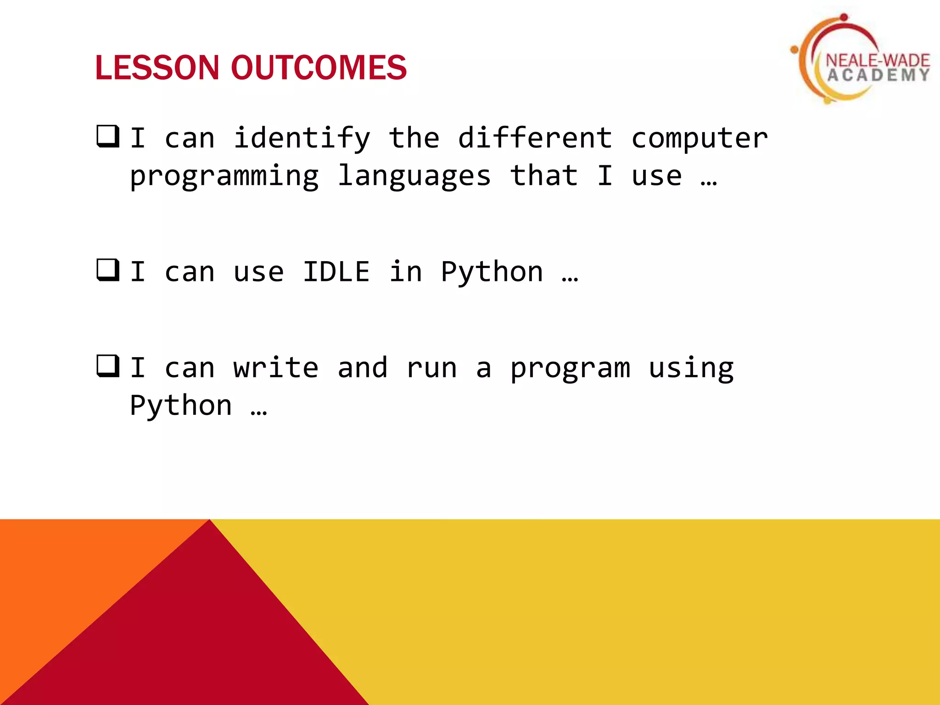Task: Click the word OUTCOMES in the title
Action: tap(319, 68)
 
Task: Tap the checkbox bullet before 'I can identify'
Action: tap(108, 136)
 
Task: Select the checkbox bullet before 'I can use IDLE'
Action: tap(108, 270)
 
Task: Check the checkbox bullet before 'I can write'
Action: tap(108, 366)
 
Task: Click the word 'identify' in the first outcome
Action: tap(302, 138)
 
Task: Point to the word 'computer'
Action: tap(699, 138)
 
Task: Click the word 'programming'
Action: tap(224, 177)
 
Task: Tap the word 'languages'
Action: tap(414, 177)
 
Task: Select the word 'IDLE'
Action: tap(336, 272)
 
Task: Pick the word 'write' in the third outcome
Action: tap(275, 368)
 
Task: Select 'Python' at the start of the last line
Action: tap(181, 406)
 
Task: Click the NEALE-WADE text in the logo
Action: tap(877, 60)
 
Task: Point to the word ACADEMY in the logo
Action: tap(878, 75)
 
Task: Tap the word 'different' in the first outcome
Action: tap(535, 138)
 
